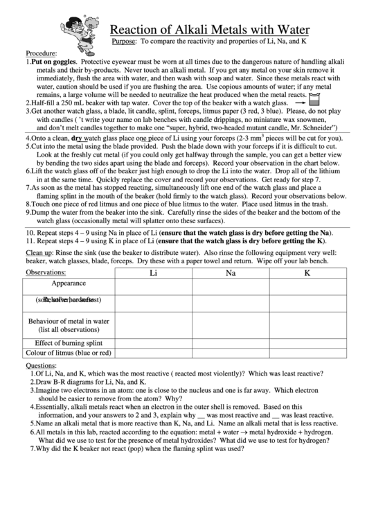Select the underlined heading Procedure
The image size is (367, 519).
41,53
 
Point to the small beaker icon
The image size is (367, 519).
314,101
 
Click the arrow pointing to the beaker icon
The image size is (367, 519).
301,103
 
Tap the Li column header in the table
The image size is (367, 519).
154,273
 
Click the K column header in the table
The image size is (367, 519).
307,273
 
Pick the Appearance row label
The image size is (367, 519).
69,283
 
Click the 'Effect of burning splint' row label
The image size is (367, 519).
69,343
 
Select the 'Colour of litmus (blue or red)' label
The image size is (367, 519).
69,353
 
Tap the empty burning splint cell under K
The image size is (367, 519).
307,343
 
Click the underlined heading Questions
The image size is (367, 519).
41,364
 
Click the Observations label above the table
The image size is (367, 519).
46,273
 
